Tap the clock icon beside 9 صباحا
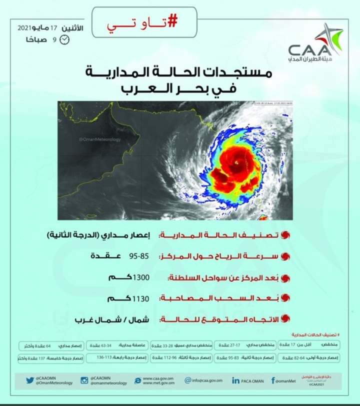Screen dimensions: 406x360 pyautogui.click(x=64, y=40)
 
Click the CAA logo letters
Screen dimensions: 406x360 pyautogui.click(x=309, y=50)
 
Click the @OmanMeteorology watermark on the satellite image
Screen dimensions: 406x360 pyautogui.click(x=100, y=139)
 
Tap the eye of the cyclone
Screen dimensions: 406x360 pyautogui.click(x=236, y=163)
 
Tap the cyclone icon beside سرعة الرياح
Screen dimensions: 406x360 pyautogui.click(x=285, y=256)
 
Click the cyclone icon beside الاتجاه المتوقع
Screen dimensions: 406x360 pyautogui.click(x=285, y=318)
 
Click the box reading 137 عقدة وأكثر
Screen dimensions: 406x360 pyautogui.click(x=38, y=358)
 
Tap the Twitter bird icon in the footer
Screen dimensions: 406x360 pyautogui.click(x=30, y=380)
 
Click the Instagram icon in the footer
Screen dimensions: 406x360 pyautogui.click(x=84, y=380)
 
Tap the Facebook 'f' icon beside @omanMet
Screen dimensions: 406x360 pyautogui.click(x=273, y=380)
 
